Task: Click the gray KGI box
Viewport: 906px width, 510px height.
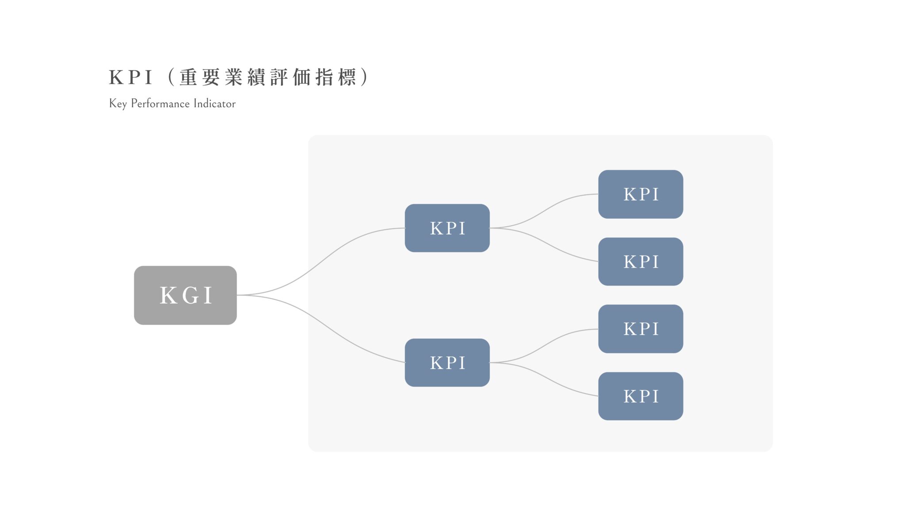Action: point(185,295)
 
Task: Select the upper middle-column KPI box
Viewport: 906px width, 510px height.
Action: point(447,228)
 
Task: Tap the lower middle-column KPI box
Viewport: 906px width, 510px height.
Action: point(447,363)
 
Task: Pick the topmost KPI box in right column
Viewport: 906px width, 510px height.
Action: point(640,194)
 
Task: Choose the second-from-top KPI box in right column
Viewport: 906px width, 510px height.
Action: point(640,262)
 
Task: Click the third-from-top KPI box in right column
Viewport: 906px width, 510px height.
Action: point(640,328)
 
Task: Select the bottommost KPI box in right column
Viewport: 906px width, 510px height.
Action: point(640,396)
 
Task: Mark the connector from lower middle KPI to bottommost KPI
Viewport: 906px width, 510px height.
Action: point(544,379)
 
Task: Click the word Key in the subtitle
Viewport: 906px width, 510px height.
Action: point(118,104)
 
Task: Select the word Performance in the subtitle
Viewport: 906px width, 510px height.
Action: point(160,104)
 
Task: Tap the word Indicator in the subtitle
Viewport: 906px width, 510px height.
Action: point(215,104)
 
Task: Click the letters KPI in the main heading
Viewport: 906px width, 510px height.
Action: point(131,77)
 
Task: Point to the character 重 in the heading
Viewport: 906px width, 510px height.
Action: point(188,77)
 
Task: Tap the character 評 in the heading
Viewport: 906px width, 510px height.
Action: point(278,77)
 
